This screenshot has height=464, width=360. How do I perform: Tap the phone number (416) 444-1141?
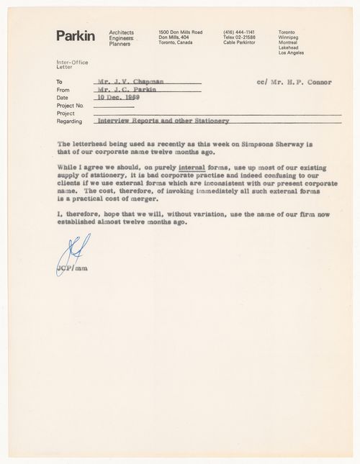click(x=238, y=33)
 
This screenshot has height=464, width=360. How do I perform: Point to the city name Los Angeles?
click(x=292, y=53)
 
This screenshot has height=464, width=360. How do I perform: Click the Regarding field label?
click(x=71, y=120)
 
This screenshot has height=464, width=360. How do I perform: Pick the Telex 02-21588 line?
click(x=240, y=38)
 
